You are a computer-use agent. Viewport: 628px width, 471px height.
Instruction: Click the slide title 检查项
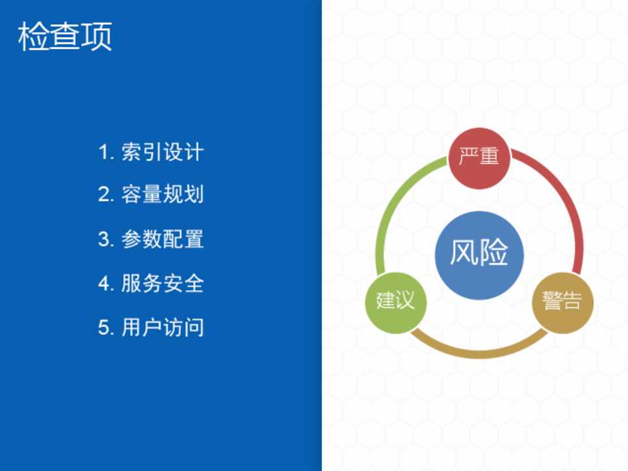[x=65, y=37]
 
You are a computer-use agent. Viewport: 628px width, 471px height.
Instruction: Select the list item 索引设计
[x=163, y=152]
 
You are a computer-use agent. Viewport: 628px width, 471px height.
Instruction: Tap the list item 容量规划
[x=163, y=194]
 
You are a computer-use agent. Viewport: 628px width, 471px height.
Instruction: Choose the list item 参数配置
[x=163, y=239]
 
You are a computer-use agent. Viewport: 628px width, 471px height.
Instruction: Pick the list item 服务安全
[x=163, y=283]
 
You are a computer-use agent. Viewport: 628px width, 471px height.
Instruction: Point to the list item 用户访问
[x=163, y=327]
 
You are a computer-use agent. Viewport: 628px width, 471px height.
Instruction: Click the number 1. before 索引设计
[x=107, y=152]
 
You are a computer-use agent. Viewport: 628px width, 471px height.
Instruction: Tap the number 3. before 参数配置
[x=107, y=239]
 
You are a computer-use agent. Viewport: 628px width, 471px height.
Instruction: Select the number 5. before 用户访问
[x=107, y=328]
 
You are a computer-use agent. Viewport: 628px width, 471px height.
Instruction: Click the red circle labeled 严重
[x=479, y=158]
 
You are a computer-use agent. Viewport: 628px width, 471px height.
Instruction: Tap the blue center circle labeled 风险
[x=480, y=255]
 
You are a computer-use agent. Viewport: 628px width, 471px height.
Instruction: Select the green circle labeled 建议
[x=396, y=302]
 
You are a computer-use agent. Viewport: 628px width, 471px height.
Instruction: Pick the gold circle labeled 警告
[x=563, y=302]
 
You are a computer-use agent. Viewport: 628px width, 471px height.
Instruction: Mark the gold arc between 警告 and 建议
[x=479, y=355]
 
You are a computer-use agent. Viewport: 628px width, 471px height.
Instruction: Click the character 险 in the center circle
[x=495, y=253]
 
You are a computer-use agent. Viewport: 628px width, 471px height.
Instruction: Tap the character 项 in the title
[x=97, y=37]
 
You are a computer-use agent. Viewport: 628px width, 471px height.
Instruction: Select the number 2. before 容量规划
[x=107, y=195]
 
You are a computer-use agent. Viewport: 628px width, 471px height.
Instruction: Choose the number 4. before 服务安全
[x=107, y=283]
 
